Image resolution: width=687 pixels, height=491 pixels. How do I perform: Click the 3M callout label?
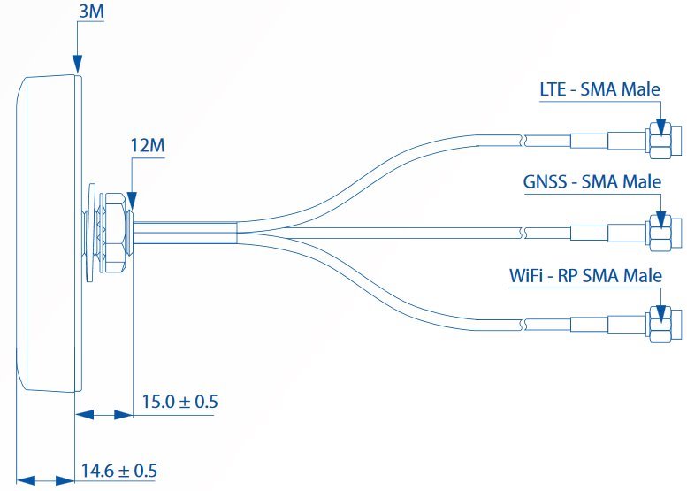click(90, 12)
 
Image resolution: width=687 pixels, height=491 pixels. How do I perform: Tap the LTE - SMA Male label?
click(599, 89)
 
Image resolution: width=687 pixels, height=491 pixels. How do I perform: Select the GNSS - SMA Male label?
click(592, 182)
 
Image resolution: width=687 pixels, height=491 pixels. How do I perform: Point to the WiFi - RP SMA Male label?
click(585, 275)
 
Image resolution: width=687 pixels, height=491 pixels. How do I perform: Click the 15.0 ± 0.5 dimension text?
click(179, 402)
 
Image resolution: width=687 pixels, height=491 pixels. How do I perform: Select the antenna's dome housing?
click(49, 232)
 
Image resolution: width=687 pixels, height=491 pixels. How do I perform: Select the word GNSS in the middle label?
click(543, 182)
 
